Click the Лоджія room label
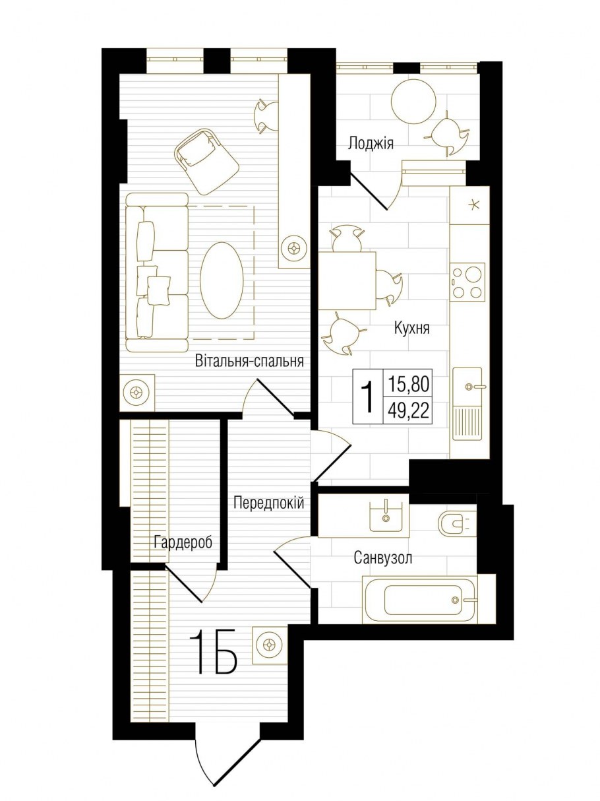pyautogui.click(x=371, y=143)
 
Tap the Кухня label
pyautogui.click(x=411, y=327)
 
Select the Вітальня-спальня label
pyautogui.click(x=249, y=361)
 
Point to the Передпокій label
pyautogui.click(x=268, y=503)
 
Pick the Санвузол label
pyautogui.click(x=383, y=558)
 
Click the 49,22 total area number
pyautogui.click(x=409, y=411)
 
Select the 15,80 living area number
pyautogui.click(x=409, y=383)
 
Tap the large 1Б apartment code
pyautogui.click(x=212, y=652)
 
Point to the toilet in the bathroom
pyautogui.click(x=454, y=523)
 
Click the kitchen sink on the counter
pyautogui.click(x=469, y=386)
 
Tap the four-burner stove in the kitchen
pyautogui.click(x=467, y=282)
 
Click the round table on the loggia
pyautogui.click(x=414, y=101)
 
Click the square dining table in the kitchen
pyautogui.click(x=347, y=280)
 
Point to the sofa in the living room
pyautogui.click(x=157, y=272)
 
